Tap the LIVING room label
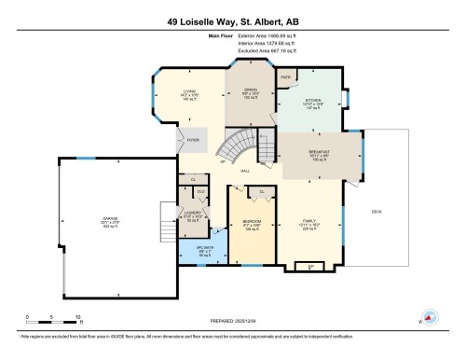coord(189,91)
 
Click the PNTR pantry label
coord(286,76)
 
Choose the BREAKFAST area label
coord(320,151)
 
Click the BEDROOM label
coord(252,221)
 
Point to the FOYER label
coord(193,140)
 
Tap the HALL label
coord(244,171)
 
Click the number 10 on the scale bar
coord(78,316)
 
